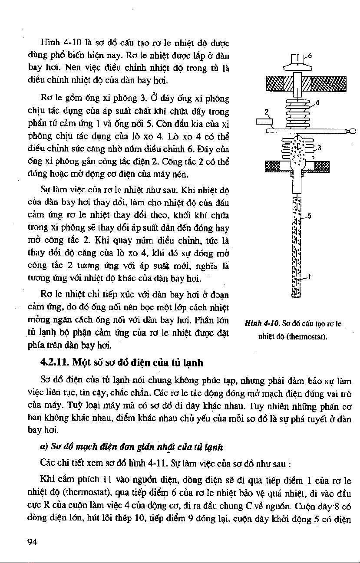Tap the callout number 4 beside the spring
[318, 103]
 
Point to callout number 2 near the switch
[267, 111]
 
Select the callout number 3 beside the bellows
[319, 148]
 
